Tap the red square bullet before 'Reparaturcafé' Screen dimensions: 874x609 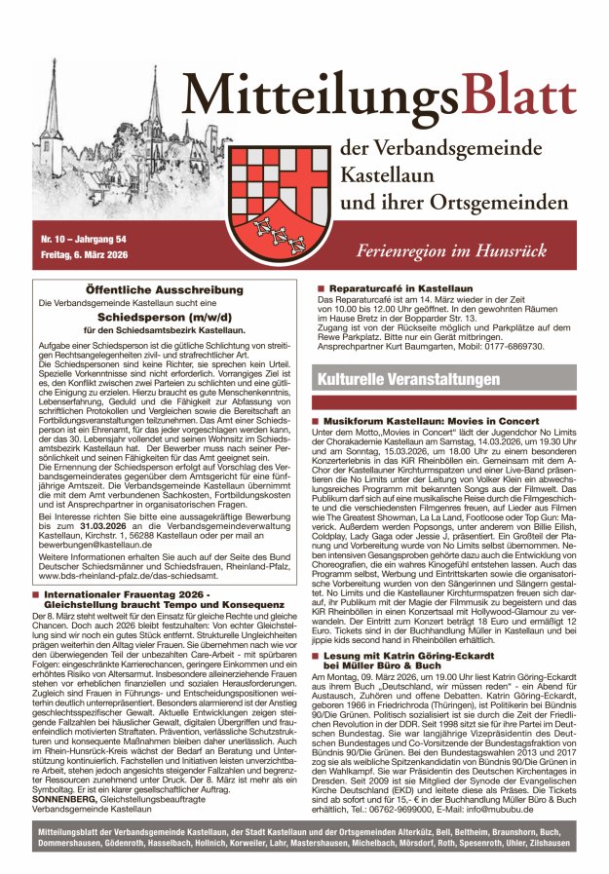click(x=320, y=288)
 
